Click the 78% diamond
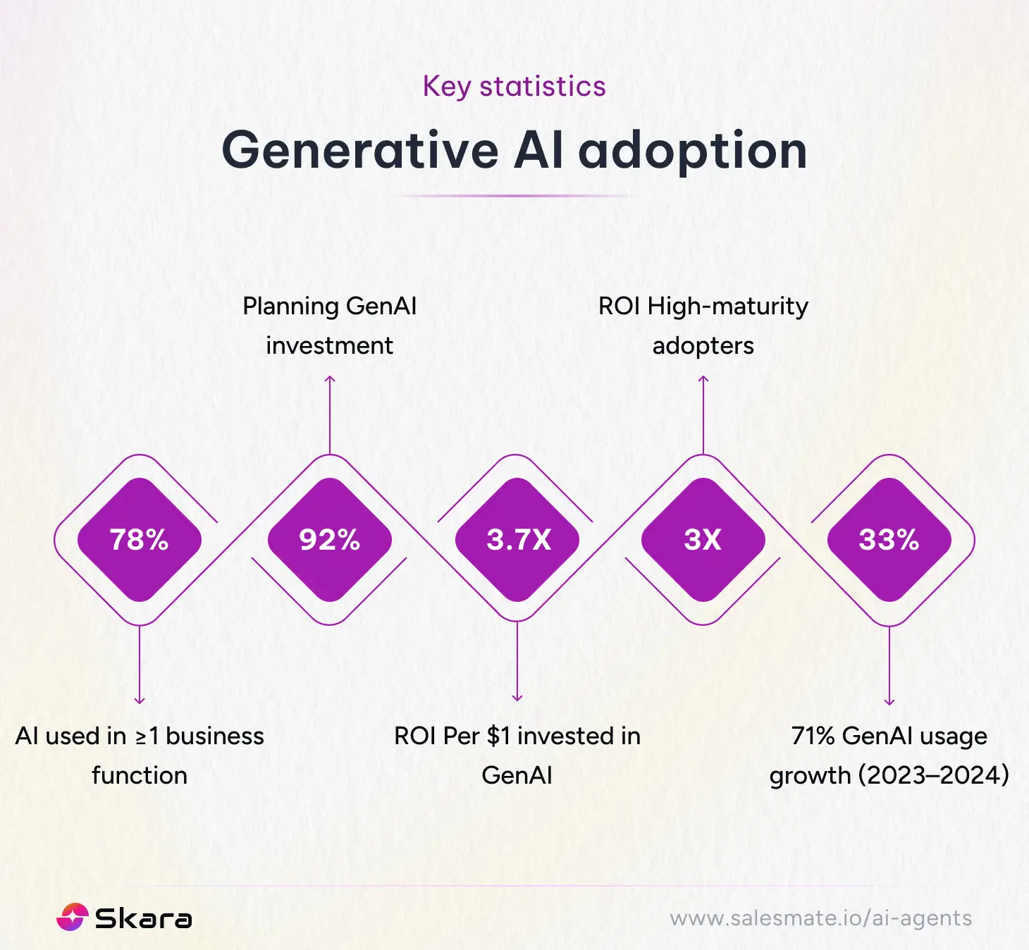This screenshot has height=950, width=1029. click(x=140, y=540)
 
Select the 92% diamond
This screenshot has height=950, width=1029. click(x=329, y=540)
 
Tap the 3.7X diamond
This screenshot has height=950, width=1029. click(x=518, y=540)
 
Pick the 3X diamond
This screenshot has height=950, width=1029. click(x=703, y=540)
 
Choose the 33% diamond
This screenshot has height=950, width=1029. click(x=889, y=540)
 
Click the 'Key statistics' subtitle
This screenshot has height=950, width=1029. click(x=514, y=87)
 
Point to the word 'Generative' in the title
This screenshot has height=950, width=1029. click(x=359, y=150)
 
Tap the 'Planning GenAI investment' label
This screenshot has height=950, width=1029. click(x=329, y=326)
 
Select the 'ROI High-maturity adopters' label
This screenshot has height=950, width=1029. click(x=703, y=326)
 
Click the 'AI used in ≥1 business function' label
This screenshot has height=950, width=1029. click(x=140, y=755)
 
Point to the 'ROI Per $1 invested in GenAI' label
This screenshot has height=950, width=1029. click(x=517, y=755)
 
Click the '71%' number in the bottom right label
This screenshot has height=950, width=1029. click(x=813, y=736)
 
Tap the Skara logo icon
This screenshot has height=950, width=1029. click(x=73, y=918)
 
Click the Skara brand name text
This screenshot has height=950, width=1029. click(x=143, y=919)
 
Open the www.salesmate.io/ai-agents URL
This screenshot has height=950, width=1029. click(x=820, y=918)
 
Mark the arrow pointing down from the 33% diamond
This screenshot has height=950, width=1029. click(x=889, y=665)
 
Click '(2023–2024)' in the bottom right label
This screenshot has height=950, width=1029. click(x=933, y=775)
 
